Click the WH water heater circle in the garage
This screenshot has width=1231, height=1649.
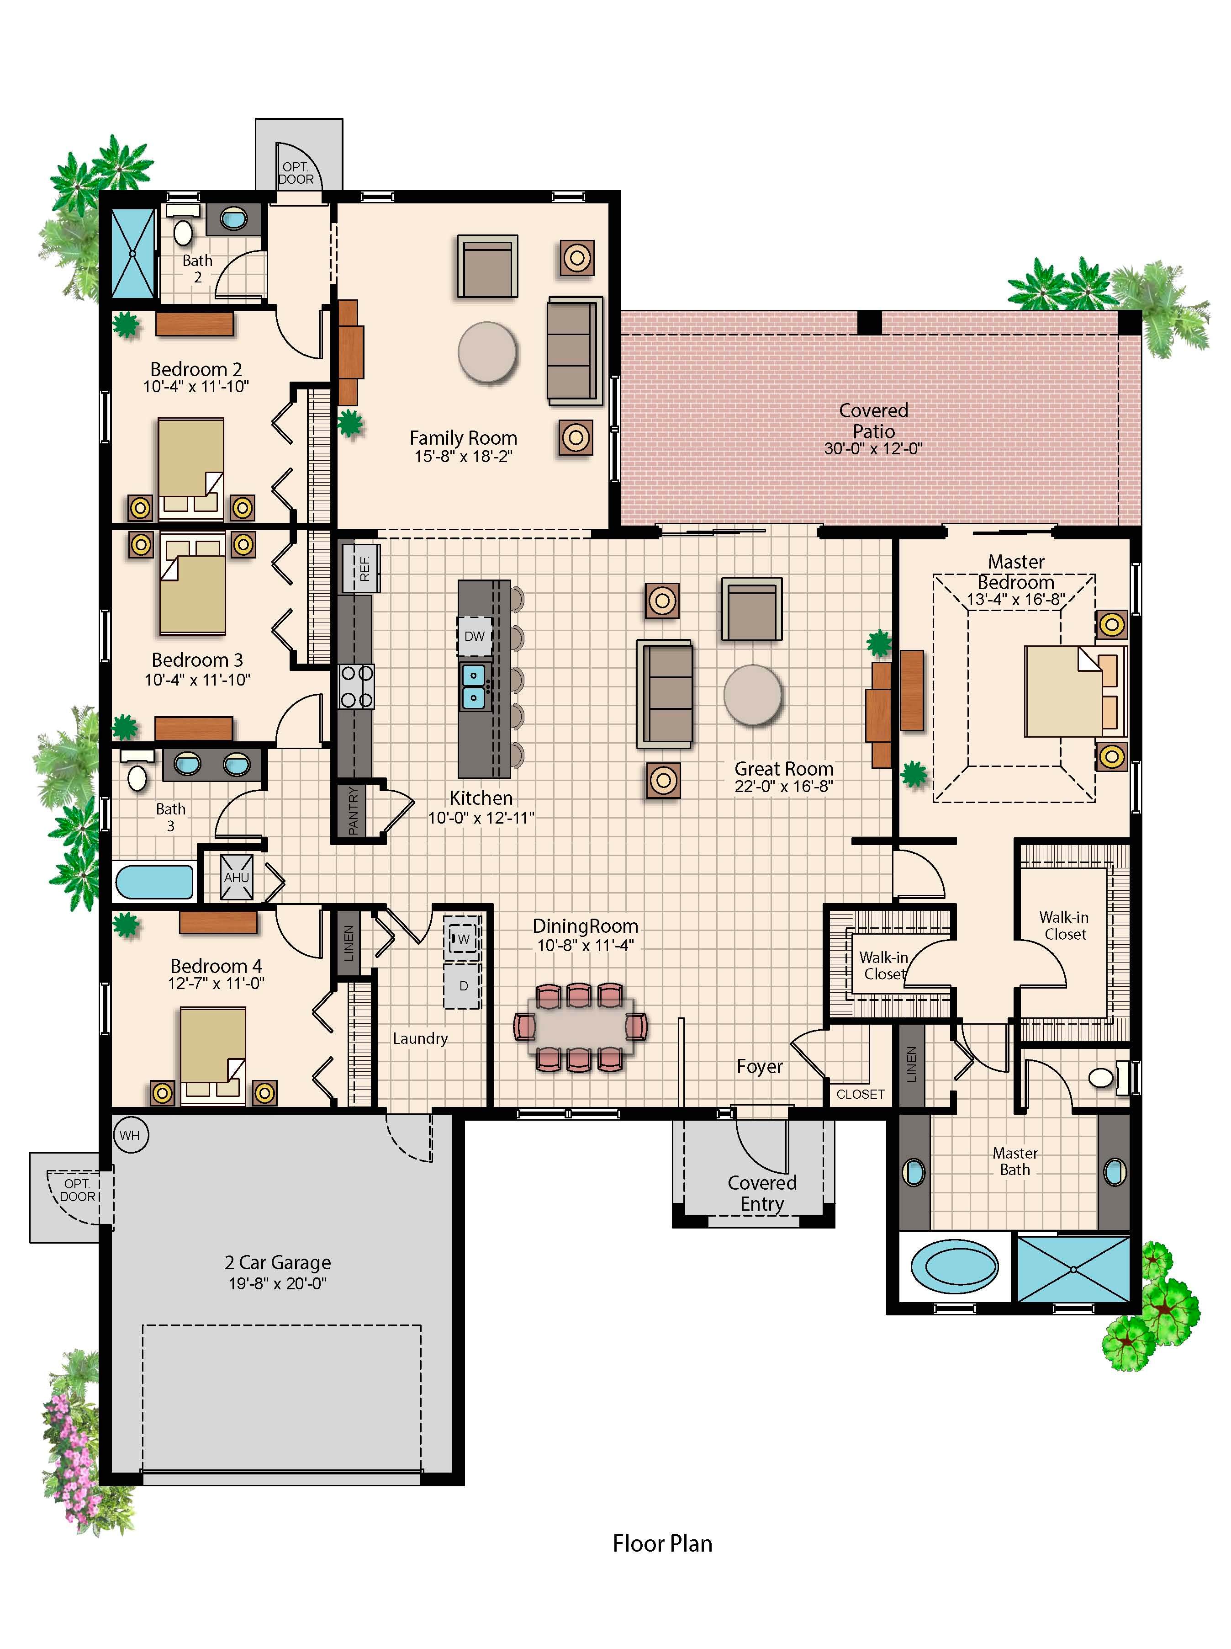tap(130, 1135)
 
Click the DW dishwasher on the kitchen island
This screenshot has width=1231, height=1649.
tap(475, 636)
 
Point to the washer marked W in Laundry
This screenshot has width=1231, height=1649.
tap(463, 939)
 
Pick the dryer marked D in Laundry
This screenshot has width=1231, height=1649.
tap(463, 985)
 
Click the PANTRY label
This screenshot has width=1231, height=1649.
tap(353, 810)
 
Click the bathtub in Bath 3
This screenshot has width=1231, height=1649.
tap(154, 882)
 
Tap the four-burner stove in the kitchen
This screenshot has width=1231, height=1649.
tap(356, 686)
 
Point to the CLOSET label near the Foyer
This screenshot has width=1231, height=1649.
tap(860, 1094)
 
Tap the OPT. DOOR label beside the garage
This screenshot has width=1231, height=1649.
tap(78, 1190)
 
